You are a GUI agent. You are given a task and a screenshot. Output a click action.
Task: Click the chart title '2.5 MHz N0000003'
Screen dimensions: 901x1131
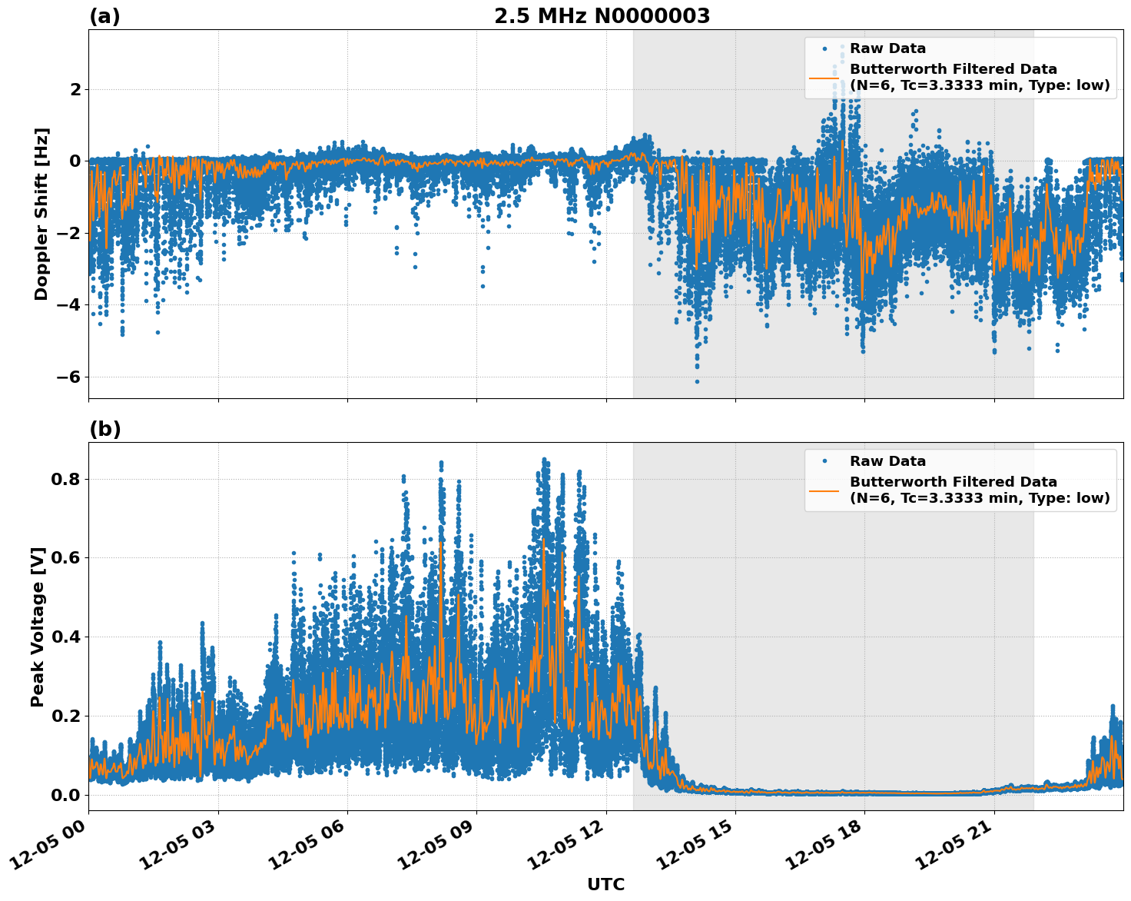coord(602,16)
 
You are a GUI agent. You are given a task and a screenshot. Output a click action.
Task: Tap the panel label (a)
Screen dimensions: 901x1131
coord(104,16)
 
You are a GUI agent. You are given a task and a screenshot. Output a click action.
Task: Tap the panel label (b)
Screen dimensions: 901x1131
coord(104,429)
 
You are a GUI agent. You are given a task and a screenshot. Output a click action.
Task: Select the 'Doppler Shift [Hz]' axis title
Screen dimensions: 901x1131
coord(41,214)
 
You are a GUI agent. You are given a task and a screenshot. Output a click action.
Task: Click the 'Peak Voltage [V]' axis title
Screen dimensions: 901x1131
coord(38,627)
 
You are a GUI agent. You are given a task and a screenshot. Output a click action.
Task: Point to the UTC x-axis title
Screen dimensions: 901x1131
coord(605,884)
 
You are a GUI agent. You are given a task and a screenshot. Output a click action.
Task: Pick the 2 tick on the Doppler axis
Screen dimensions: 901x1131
coord(75,89)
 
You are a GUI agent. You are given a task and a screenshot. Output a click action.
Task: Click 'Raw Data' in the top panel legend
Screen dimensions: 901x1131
coord(887,48)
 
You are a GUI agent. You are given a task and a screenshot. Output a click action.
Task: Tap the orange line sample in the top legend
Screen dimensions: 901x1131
coord(824,78)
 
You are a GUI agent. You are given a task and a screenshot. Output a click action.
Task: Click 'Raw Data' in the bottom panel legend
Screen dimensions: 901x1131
coord(887,461)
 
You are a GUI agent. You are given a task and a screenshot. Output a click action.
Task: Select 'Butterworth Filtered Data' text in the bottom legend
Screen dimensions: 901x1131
coord(953,482)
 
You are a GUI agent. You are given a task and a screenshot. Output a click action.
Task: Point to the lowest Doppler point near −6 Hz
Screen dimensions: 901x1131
coord(697,381)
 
